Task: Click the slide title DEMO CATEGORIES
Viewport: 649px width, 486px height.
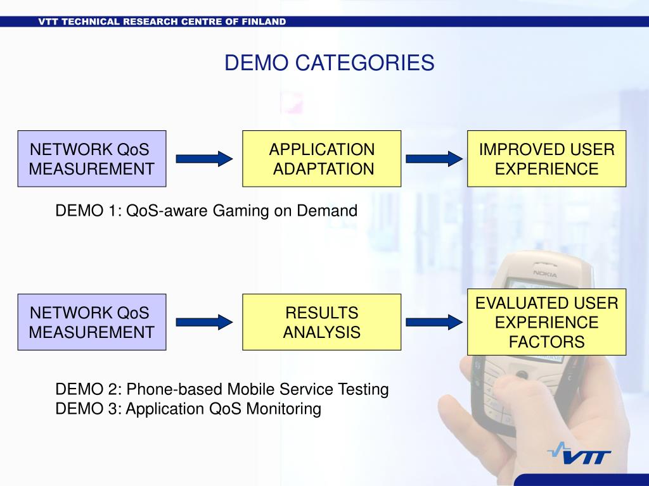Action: click(x=330, y=63)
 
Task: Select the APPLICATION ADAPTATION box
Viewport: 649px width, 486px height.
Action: click(x=321, y=159)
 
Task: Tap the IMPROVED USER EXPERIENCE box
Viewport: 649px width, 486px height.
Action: click(x=546, y=159)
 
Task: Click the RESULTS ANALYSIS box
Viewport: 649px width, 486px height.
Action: click(x=321, y=322)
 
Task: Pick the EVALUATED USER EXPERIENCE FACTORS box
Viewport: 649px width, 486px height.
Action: click(x=546, y=322)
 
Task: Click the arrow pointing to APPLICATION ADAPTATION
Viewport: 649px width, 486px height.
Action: click(x=204, y=159)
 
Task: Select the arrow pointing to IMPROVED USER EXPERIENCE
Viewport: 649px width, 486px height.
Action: click(x=435, y=159)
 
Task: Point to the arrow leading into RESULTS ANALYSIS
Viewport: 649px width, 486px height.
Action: click(x=204, y=322)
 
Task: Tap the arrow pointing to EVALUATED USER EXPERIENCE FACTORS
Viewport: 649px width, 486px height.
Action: click(x=435, y=322)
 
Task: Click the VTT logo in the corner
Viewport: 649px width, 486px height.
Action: click(x=578, y=455)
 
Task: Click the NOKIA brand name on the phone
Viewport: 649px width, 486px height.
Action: click(x=545, y=274)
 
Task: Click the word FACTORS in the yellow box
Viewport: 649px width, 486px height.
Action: click(x=546, y=342)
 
